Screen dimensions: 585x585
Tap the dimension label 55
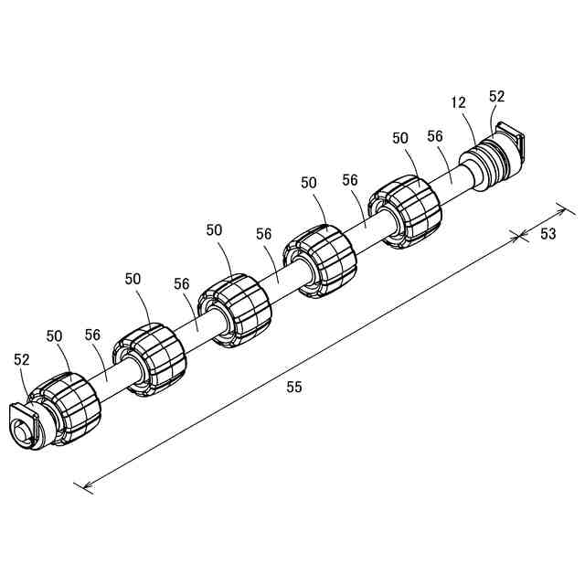click(x=293, y=387)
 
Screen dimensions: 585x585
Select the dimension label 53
click(x=548, y=234)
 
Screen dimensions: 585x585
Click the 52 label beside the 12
click(x=497, y=95)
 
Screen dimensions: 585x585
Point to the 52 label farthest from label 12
click(x=22, y=360)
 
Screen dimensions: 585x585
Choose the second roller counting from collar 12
click(x=319, y=262)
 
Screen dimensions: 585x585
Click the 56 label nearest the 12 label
click(x=435, y=136)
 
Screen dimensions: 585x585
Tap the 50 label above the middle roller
click(x=215, y=230)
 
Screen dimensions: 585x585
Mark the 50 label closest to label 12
click(x=400, y=138)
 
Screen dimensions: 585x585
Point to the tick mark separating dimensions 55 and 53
click(x=520, y=237)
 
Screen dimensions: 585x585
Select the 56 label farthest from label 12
click(x=91, y=335)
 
